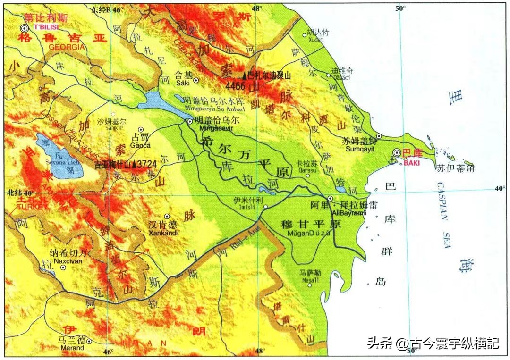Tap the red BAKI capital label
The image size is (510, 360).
pos(409,163)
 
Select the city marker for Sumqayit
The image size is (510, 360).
pos(379,136)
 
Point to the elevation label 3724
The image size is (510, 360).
pos(148,165)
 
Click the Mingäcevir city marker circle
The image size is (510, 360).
pos(190,121)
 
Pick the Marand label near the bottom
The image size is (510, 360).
pos(71,348)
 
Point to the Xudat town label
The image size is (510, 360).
pos(314,40)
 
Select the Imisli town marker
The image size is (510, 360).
pos(266,207)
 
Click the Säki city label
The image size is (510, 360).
pos(182,83)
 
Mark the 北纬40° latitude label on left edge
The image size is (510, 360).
pos(21,193)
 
